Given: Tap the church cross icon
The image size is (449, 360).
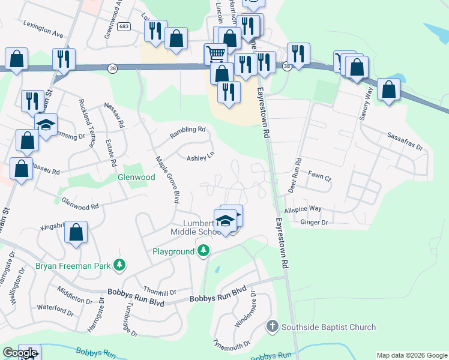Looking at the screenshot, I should pos(272,326).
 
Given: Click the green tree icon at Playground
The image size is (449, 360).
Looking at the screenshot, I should pos(203,250).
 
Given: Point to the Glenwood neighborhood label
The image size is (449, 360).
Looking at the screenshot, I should pos(136,177).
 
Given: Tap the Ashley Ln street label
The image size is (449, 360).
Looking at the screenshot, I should pos(200,157).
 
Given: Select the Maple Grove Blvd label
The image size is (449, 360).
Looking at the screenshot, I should pos(168,180).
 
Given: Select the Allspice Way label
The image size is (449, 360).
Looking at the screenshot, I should pos(303,209).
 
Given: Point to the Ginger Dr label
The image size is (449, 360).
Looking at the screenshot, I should pos(315,223).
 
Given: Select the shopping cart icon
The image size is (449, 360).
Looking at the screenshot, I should pos(215,54).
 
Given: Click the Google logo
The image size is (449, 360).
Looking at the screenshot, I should pos(20,353).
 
